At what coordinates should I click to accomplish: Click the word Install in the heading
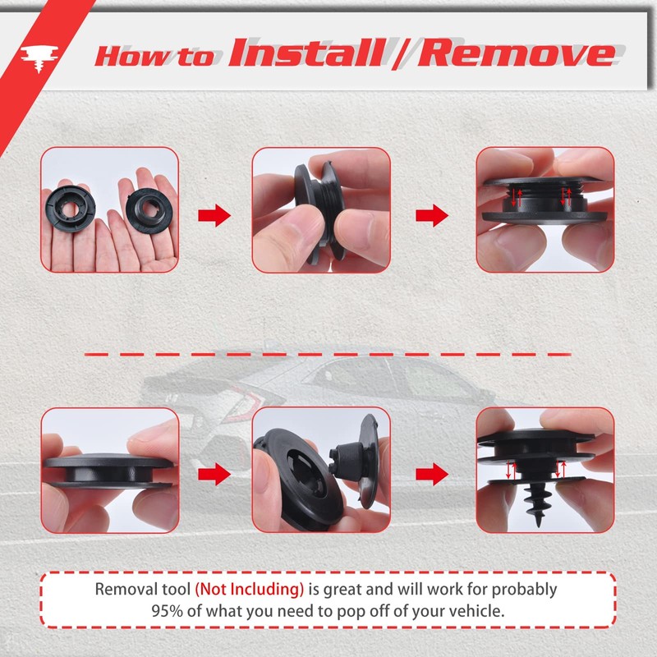point(306,53)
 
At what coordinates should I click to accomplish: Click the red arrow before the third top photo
point(432,216)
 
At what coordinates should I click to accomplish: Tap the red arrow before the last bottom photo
point(432,474)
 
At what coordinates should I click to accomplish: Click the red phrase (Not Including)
point(250,590)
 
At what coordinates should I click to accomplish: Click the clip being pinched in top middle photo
point(316,201)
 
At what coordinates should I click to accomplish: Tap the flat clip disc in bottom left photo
point(107,472)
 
